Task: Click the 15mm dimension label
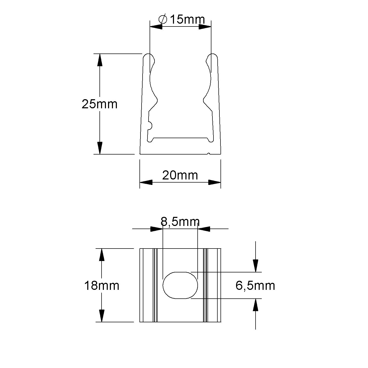pyautogui.click(x=187, y=19)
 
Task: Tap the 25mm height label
pyautogui.click(x=99, y=104)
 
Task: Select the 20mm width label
pyautogui.click(x=180, y=175)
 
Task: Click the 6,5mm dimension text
pyautogui.click(x=255, y=286)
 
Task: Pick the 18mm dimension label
pyautogui.click(x=102, y=286)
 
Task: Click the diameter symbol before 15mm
pyautogui.click(x=163, y=19)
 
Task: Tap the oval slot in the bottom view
pyautogui.click(x=180, y=285)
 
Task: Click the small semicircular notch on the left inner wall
pyautogui.click(x=150, y=125)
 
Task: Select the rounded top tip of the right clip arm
pyautogui.click(x=212, y=56)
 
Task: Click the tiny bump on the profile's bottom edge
pyautogui.click(x=209, y=153)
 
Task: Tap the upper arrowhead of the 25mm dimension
pyautogui.click(x=100, y=60)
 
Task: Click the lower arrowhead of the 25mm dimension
pyautogui.click(x=100, y=148)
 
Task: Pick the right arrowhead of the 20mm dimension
pyautogui.click(x=215, y=182)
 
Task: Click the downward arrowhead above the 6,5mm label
pyautogui.click(x=256, y=266)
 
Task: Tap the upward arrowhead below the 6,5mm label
pyautogui.click(x=256, y=305)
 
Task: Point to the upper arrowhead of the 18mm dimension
pyautogui.click(x=102, y=255)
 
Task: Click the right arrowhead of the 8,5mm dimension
pyautogui.click(x=204, y=229)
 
